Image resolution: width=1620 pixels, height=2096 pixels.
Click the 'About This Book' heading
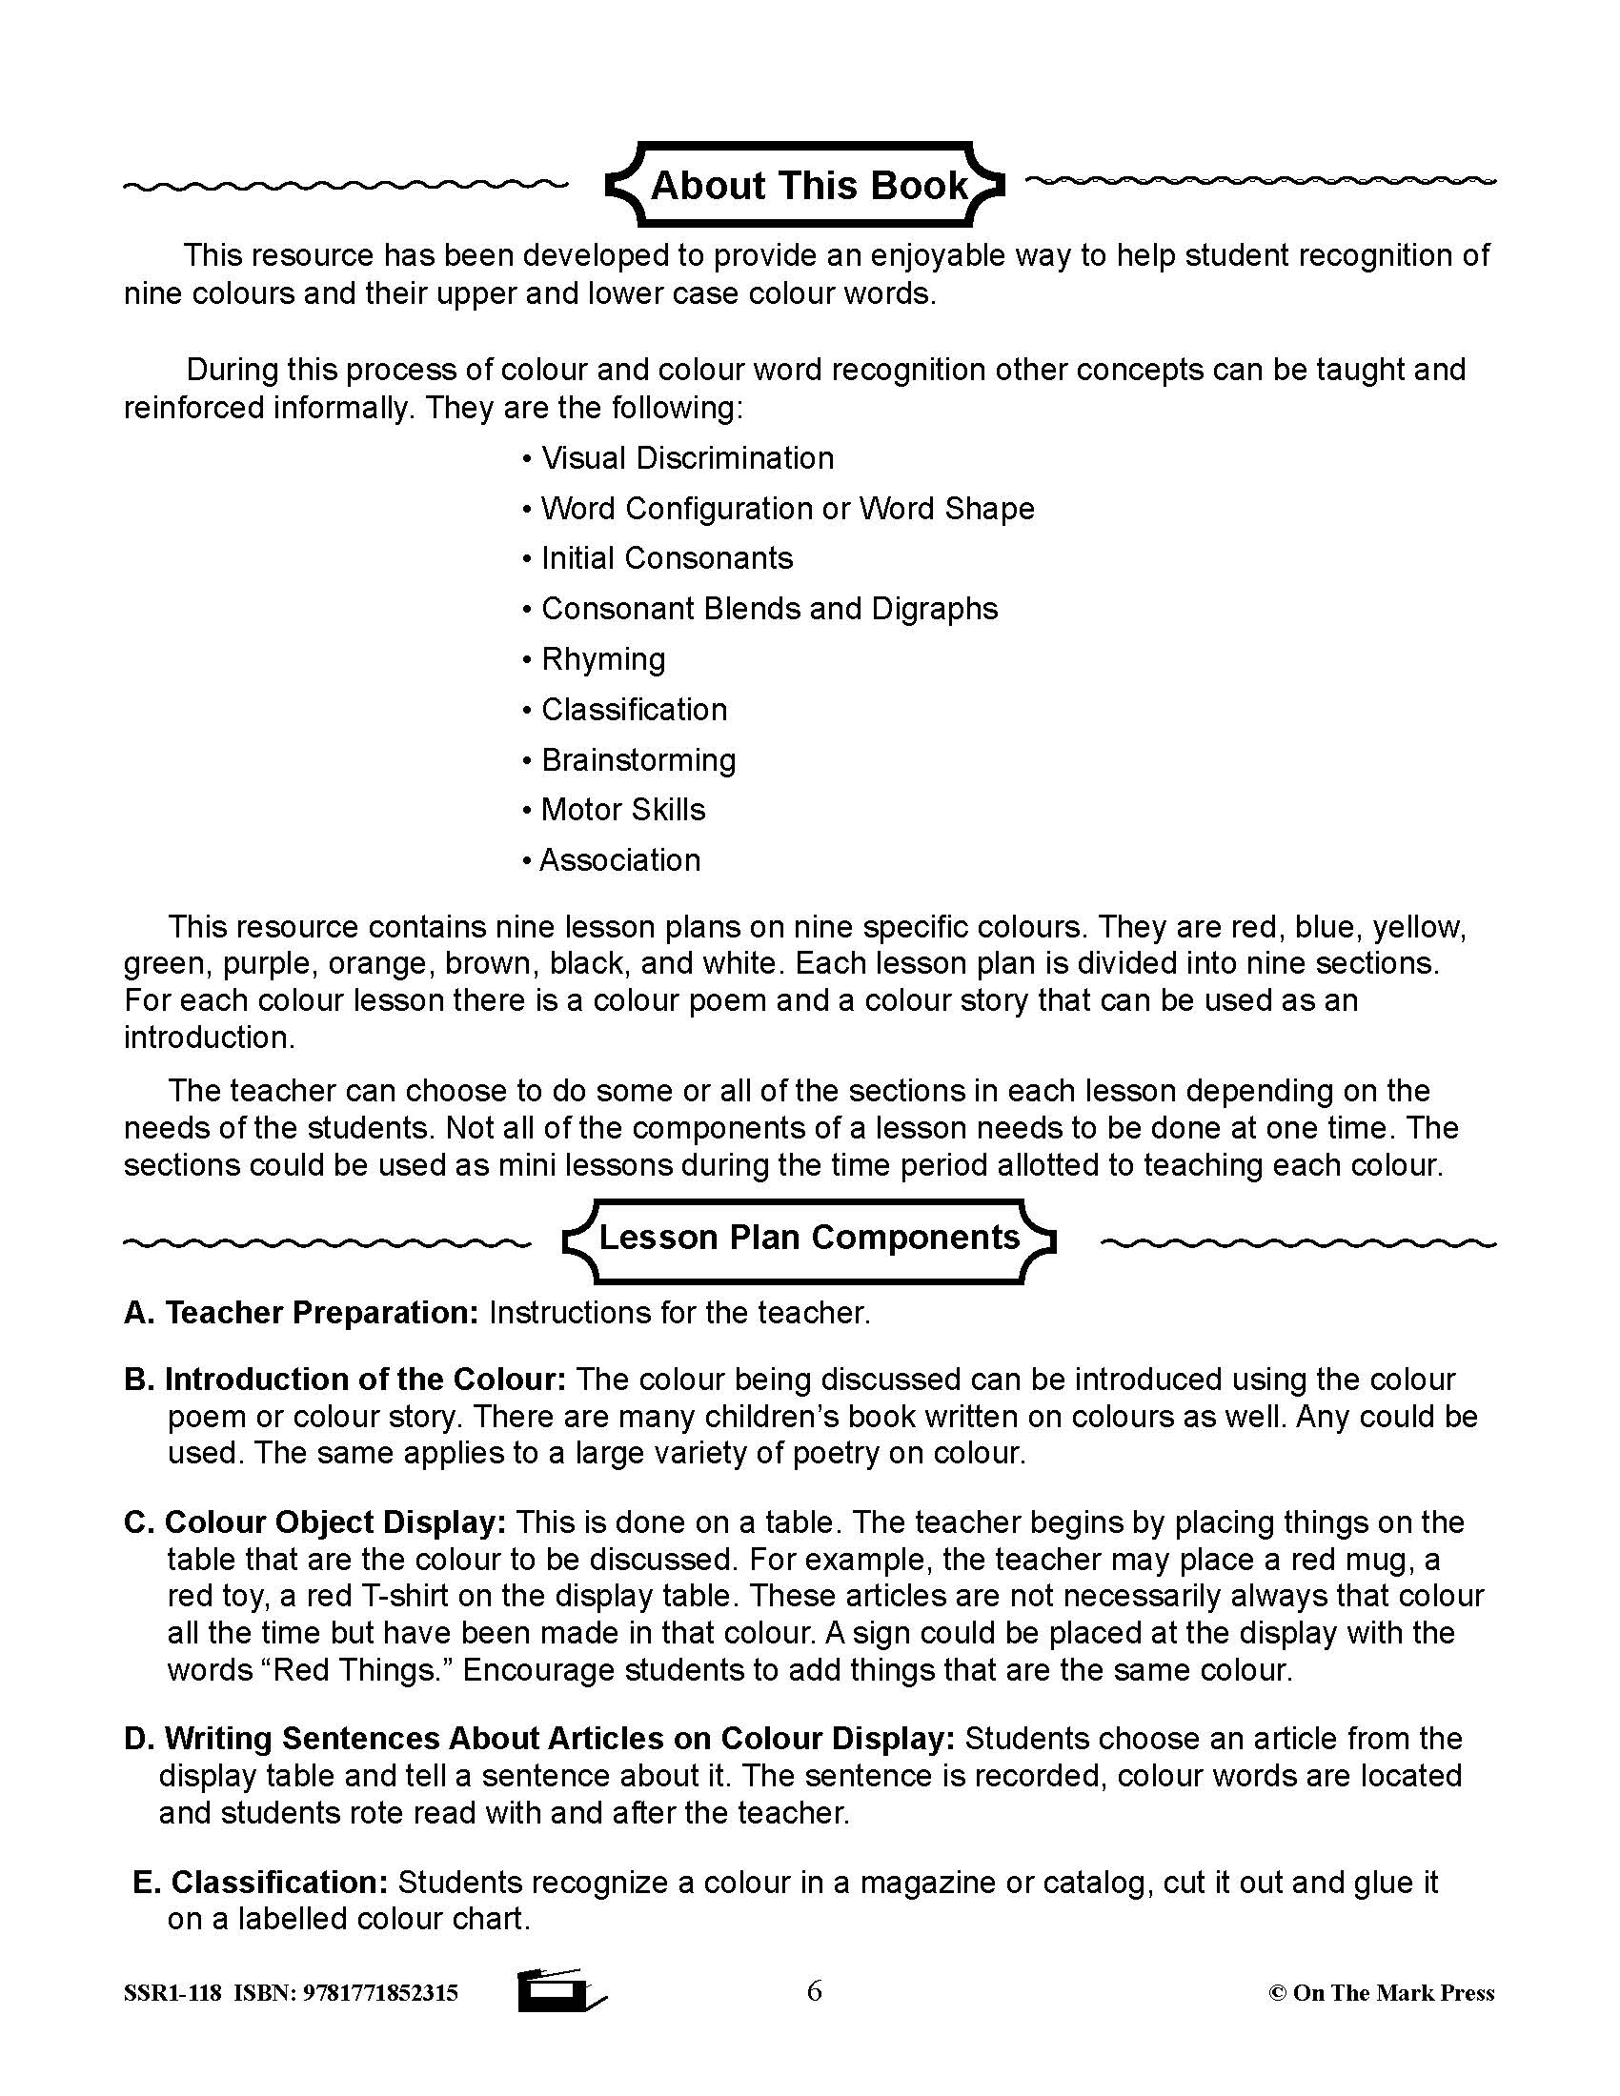point(809,185)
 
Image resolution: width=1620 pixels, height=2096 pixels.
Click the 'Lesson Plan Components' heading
point(809,1237)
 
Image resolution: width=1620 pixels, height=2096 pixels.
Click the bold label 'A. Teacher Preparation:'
point(301,1313)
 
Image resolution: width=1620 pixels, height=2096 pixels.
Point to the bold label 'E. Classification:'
point(260,1882)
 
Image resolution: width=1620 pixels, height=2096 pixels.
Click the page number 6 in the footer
point(814,1991)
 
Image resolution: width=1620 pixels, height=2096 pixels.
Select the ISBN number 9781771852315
point(380,1994)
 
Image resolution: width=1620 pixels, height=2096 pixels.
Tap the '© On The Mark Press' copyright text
point(1381,1993)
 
